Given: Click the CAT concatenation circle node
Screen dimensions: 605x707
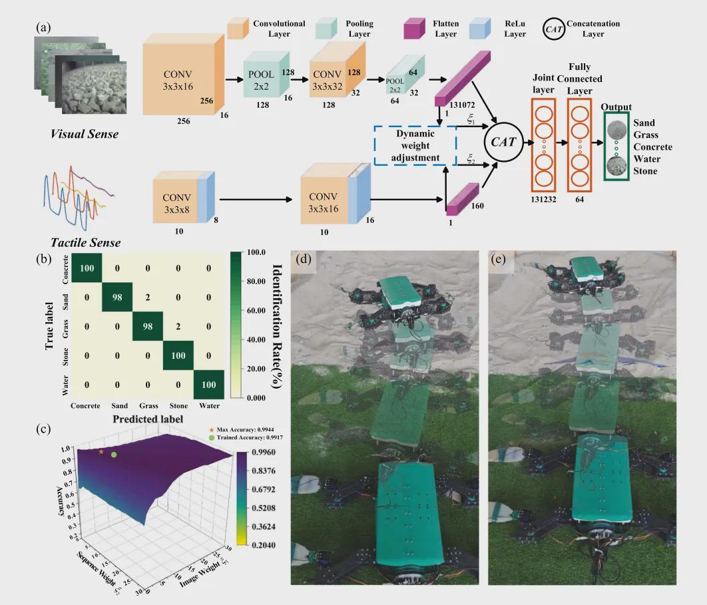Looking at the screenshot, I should pos(503,141).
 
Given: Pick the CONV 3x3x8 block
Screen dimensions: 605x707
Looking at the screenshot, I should pos(176,198).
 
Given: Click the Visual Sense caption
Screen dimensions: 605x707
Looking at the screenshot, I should pos(85,134).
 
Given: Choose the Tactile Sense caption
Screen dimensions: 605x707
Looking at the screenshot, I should pos(85,242).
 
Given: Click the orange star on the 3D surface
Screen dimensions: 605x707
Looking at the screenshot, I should pos(101,452).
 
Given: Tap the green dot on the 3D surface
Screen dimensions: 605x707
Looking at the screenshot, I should pos(114,455).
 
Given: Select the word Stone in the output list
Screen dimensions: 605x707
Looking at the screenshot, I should pos(646,171).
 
